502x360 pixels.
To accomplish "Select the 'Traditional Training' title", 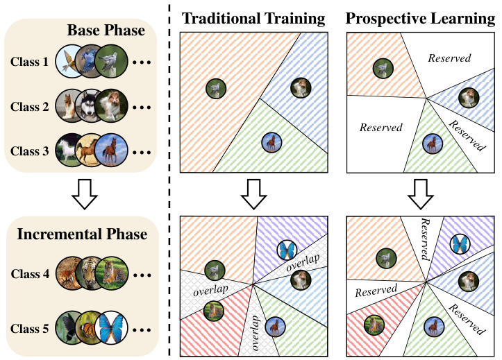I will pos(253,19).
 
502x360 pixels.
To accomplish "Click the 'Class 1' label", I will pos(30,62).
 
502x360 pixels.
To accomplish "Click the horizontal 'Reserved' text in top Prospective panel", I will pos(449,58).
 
